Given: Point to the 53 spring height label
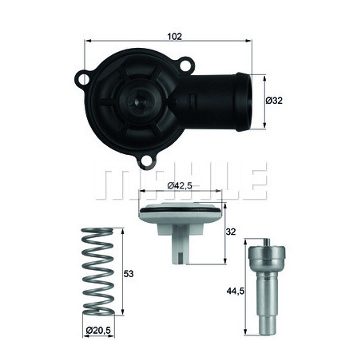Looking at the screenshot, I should [129, 272].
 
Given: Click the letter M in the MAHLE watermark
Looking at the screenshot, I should [113, 184].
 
